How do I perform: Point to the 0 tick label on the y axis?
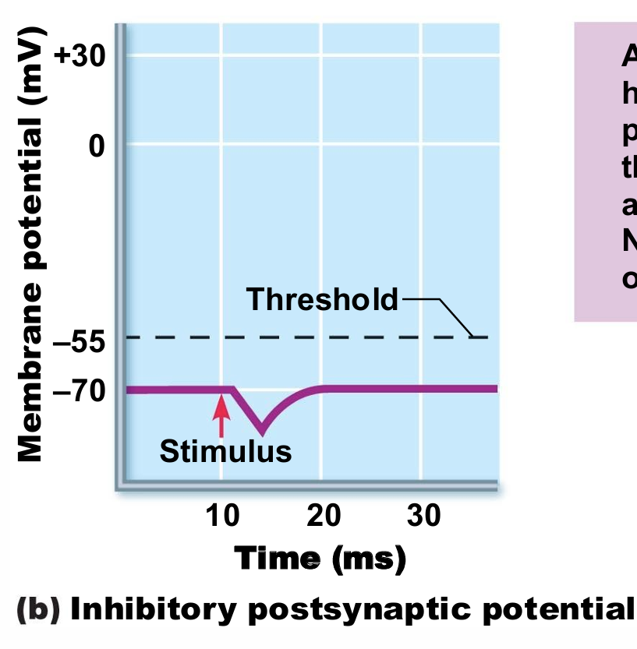pos(95,144)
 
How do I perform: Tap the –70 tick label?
pos(78,390)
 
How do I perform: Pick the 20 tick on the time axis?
pos(322,516)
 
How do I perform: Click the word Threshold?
pos(322,299)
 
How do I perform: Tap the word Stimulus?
pos(225,450)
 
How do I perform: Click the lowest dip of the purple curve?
pos(261,432)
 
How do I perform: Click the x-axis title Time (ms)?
pos(320,559)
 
